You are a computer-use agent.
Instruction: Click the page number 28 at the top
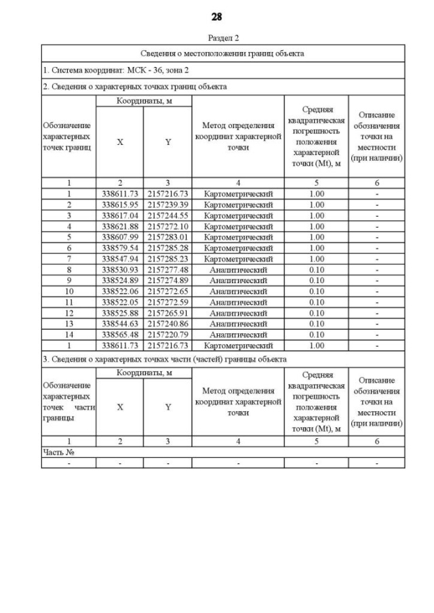pyautogui.click(x=216, y=17)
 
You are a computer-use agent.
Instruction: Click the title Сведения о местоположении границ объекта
pyautogui.click(x=222, y=53)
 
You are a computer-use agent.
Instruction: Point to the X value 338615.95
pyautogui.click(x=119, y=205)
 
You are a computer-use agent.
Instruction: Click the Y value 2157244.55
pyautogui.click(x=167, y=216)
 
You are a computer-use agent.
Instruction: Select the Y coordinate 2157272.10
pyautogui.click(x=167, y=227)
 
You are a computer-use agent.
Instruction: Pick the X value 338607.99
pyautogui.click(x=119, y=238)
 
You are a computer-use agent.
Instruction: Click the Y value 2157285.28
pyautogui.click(x=167, y=249)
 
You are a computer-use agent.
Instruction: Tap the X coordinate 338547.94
pyautogui.click(x=119, y=259)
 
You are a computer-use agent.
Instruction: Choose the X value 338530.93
pyautogui.click(x=119, y=270)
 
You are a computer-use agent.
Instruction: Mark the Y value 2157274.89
pyautogui.click(x=167, y=281)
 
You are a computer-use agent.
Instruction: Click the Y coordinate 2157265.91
pyautogui.click(x=167, y=314)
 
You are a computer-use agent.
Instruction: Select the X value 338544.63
pyautogui.click(x=119, y=324)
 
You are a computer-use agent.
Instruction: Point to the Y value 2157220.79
pyautogui.click(x=167, y=335)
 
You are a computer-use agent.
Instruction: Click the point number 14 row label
pyautogui.click(x=68, y=335)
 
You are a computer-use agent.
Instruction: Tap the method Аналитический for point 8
pyautogui.click(x=238, y=270)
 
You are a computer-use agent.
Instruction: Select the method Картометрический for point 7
pyautogui.click(x=238, y=259)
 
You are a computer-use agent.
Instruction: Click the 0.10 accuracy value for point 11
pyautogui.click(x=316, y=303)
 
